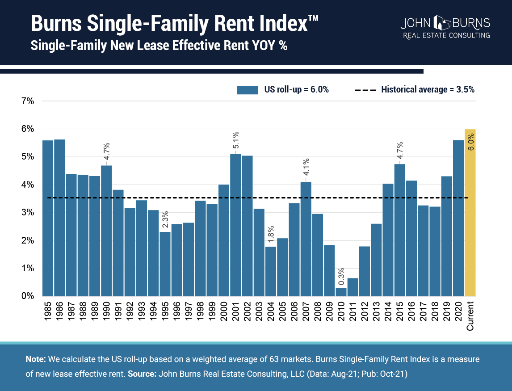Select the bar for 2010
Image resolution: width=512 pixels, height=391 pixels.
coord(341,292)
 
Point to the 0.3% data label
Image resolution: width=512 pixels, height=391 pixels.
coord(341,277)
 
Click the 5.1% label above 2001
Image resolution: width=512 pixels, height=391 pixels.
coord(235,141)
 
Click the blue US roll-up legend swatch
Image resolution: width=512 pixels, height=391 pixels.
coord(248,90)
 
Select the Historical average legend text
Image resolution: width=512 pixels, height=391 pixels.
coord(428,89)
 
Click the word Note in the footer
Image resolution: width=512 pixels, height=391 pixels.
coord(33,359)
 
